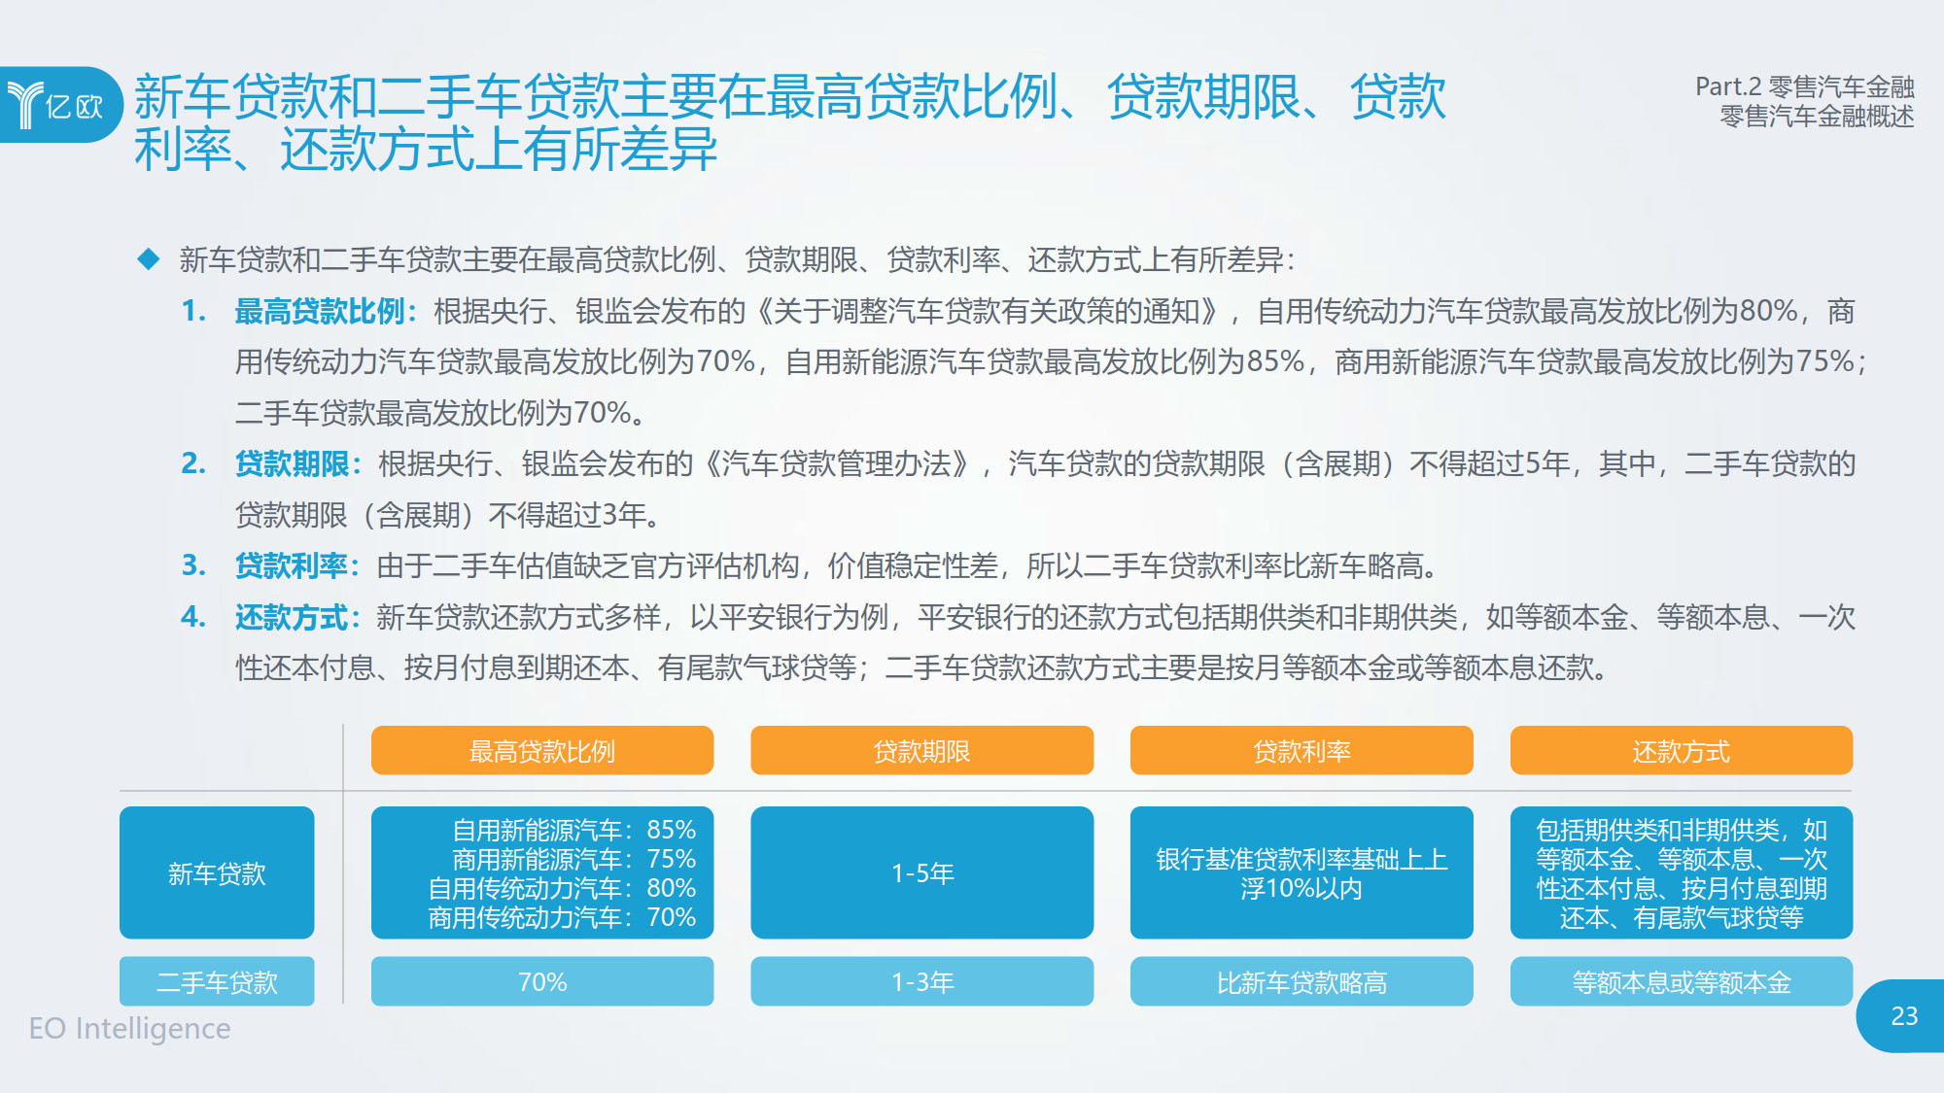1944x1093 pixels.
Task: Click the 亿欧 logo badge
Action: [x=60, y=104]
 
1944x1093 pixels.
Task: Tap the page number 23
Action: [x=1904, y=1016]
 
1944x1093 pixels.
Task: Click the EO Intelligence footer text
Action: [x=129, y=1028]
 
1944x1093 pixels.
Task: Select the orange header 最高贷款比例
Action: [x=542, y=750]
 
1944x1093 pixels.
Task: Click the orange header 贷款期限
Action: [x=921, y=750]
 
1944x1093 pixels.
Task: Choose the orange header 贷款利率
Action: [x=1302, y=750]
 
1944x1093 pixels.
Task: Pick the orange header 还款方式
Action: [x=1682, y=750]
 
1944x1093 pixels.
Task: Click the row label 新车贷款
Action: [x=217, y=872]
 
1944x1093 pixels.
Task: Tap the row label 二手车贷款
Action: [x=217, y=981]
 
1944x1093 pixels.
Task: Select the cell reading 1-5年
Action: [x=921, y=872]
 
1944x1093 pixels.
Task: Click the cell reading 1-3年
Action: [x=921, y=981]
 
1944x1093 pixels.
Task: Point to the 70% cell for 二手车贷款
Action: [x=542, y=981]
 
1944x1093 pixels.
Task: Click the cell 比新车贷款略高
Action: [x=1302, y=981]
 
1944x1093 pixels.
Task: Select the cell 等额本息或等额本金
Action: [x=1682, y=981]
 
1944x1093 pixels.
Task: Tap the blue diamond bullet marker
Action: [x=149, y=258]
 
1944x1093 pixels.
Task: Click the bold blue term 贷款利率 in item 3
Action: [x=292, y=565]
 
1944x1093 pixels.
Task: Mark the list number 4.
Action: [x=192, y=616]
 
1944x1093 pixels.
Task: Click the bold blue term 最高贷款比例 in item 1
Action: [x=320, y=311]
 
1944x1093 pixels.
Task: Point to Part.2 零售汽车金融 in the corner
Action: [x=1805, y=86]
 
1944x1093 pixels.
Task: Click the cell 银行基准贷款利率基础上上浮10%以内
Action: [x=1302, y=872]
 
